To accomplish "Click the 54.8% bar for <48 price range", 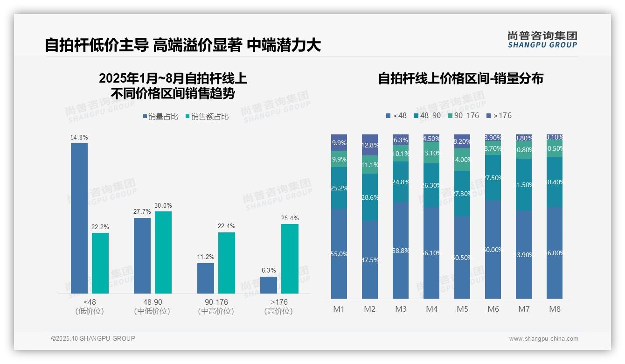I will tap(79, 218).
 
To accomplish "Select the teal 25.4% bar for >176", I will tap(290, 259).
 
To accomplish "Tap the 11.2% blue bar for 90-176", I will tap(206, 278).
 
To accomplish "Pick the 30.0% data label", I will tap(163, 205).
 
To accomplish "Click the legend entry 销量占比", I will tap(160, 117).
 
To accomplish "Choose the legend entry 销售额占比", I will tap(207, 117).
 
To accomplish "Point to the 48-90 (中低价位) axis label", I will tap(152, 307).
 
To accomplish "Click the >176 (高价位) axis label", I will tap(278, 307).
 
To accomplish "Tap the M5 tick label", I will tap(462, 309).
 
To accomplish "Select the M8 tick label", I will tap(555, 309).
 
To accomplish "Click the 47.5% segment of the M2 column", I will tap(370, 259).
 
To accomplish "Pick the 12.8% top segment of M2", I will tap(370, 145).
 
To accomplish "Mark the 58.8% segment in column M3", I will tap(401, 250).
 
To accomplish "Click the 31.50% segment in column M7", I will tap(524, 184).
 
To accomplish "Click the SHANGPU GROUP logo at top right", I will tap(542, 39).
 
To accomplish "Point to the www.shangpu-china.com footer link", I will tap(543, 339).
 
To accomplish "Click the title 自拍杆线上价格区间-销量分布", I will tap(460, 78).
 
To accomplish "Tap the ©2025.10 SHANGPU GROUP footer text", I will tap(93, 338).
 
